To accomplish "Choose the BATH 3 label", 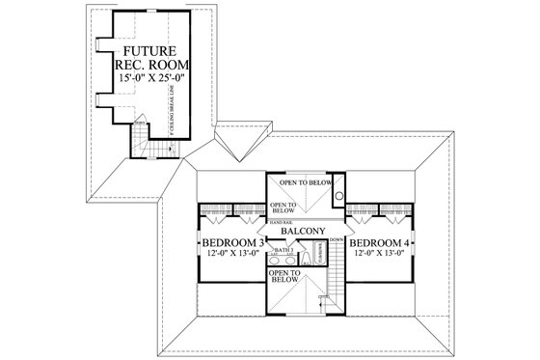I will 284,250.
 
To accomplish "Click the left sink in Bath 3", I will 278,258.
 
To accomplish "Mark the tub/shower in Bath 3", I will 319,254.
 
